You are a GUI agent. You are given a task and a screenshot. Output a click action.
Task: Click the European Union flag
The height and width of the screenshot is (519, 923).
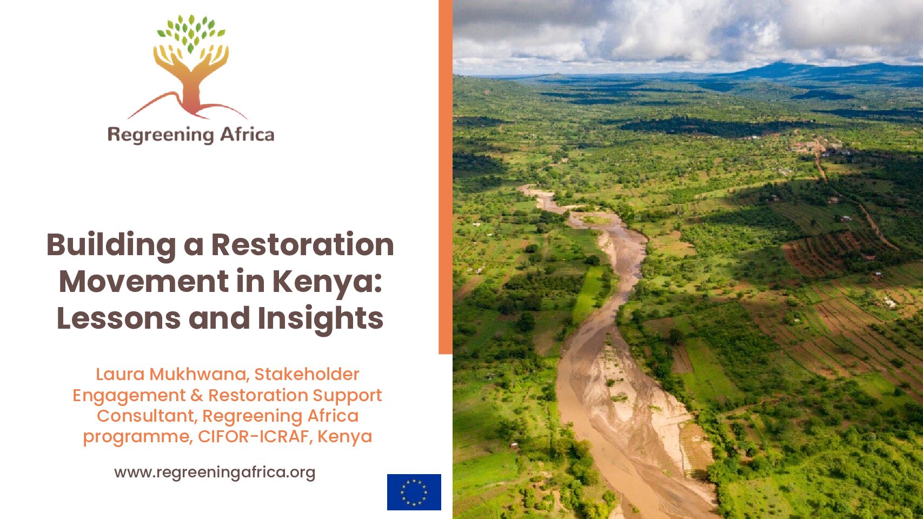point(414,492)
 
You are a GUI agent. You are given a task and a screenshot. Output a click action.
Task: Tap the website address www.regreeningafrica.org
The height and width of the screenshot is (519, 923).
point(215,473)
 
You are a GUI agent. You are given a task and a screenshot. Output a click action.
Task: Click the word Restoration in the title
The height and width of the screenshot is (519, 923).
point(303,245)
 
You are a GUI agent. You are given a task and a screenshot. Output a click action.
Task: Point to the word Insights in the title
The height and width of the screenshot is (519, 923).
point(321,318)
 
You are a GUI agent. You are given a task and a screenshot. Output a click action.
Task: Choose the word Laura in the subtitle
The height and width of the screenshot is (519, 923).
point(121,375)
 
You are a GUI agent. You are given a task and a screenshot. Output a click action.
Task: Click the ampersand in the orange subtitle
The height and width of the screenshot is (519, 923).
point(197,395)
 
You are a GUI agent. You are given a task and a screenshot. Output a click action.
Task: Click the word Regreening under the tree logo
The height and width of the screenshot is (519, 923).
point(161,136)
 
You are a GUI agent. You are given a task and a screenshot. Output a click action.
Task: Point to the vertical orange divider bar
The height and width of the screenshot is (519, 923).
point(446,177)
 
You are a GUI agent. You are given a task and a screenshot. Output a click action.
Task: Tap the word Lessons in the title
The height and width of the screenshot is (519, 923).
point(118,318)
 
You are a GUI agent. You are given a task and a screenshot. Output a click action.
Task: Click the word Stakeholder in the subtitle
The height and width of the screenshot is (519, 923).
point(307,375)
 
